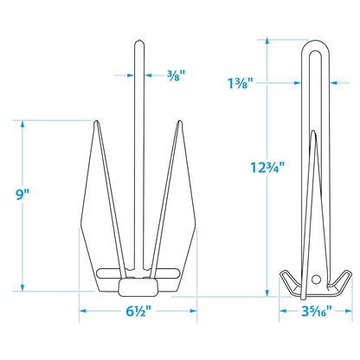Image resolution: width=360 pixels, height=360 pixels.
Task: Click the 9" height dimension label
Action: (22, 195)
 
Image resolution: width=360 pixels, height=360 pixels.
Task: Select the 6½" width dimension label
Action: (138, 312)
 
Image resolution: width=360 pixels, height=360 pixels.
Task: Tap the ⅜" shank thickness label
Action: (176, 75)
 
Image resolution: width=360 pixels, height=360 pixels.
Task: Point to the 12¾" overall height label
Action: (267, 168)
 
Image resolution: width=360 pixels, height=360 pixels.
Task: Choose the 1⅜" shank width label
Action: (240, 83)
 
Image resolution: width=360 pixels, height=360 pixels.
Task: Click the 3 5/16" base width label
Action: (317, 312)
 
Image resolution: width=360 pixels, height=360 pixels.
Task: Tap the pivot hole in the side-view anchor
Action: (316, 280)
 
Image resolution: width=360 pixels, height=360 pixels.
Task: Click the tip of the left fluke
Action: (96, 121)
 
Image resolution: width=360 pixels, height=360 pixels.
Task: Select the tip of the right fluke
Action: (179, 121)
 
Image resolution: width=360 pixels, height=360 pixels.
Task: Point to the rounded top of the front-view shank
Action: (139, 42)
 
